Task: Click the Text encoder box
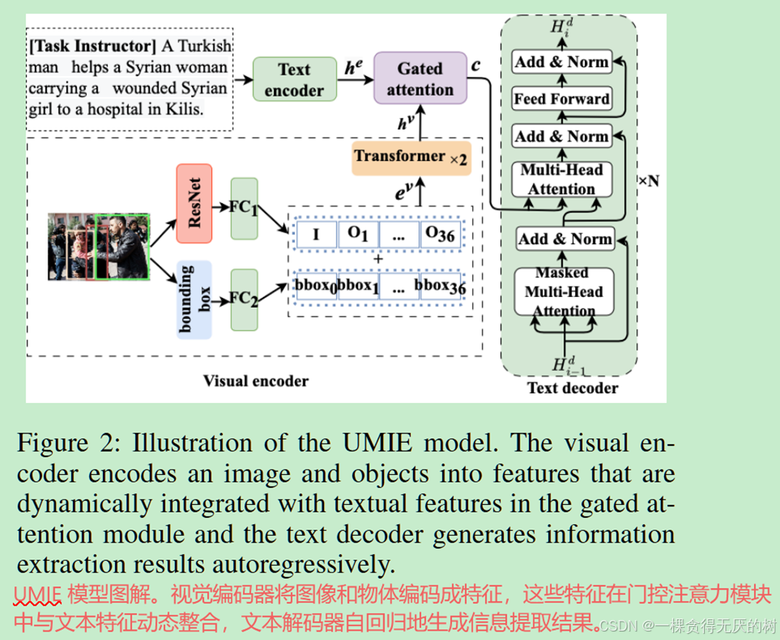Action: coord(294,80)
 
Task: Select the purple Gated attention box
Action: coord(420,79)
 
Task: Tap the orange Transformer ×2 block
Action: coord(411,157)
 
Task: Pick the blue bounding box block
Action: coord(193,300)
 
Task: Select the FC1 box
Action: coord(244,209)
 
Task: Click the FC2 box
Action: coord(244,300)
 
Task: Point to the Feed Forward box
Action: coord(562,99)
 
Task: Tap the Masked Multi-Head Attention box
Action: coord(563,292)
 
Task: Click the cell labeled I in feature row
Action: coord(316,235)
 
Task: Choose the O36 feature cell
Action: coord(440,235)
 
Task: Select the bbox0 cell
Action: coord(316,285)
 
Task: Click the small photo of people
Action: coord(98,246)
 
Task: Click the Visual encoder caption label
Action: coord(256,381)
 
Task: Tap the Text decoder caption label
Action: coord(572,388)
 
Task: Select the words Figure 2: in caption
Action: coord(71,444)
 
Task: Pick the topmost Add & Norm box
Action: coord(562,62)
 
